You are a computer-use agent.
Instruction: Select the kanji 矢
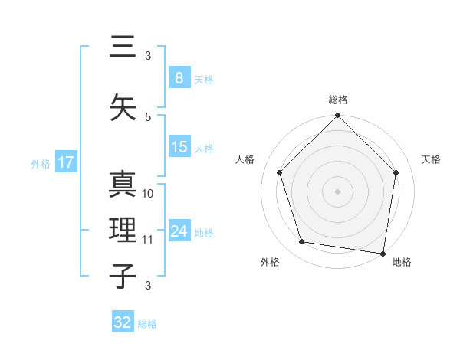pos(123,107)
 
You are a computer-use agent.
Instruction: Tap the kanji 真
pos(123,185)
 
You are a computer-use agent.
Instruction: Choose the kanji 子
pos(123,276)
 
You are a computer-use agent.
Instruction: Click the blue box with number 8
pos(179,78)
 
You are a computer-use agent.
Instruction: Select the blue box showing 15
pos(179,148)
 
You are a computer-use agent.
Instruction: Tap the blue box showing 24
pos(179,231)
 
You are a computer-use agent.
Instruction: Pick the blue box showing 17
pos(65,162)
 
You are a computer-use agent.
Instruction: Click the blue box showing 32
pos(123,322)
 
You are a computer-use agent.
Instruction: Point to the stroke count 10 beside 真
pos(149,194)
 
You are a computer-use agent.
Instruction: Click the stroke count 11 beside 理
pos(148,240)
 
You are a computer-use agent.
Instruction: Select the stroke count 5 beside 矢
pos(148,116)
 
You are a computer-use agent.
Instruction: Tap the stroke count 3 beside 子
pos(148,286)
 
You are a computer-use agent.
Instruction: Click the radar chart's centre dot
pos(337,191)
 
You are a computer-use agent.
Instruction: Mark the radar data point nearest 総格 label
pos(337,116)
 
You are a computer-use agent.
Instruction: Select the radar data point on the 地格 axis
pos(383,253)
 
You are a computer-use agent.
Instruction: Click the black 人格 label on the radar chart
pos(245,159)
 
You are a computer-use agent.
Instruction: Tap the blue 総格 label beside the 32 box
pos(148,324)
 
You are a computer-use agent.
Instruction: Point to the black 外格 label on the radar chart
pos(270,263)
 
